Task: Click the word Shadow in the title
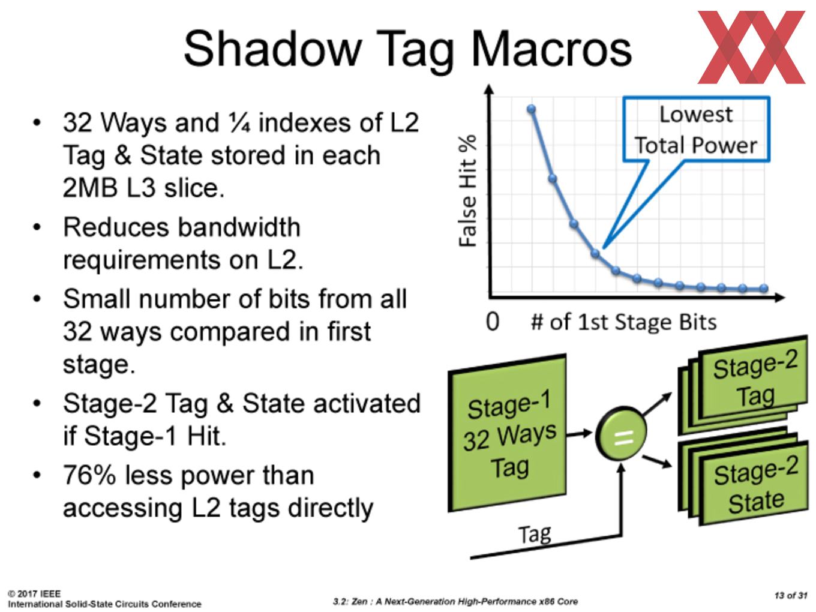272,49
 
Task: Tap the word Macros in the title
551,49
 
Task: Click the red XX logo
751,47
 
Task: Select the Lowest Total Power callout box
696,129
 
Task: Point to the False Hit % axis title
467,191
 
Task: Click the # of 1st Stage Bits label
624,322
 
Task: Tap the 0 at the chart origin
493,322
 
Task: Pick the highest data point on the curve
531,109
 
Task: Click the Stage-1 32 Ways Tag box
508,433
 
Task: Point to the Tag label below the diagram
535,535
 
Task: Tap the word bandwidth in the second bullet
239,227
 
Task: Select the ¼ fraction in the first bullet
240,122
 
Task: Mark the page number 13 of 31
790,596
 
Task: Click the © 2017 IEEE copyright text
34,594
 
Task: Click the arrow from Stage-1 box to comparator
579,433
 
